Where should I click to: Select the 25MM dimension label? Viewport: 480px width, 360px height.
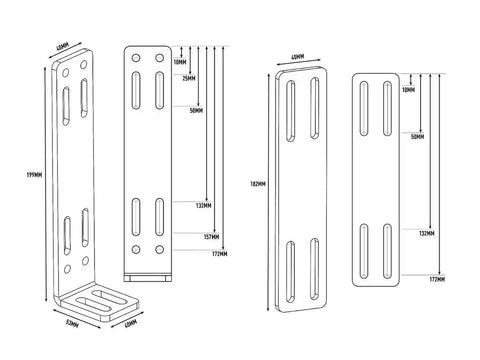[190, 81]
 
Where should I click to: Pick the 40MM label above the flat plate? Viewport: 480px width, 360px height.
[298, 58]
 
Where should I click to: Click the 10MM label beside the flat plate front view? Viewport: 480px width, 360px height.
[408, 89]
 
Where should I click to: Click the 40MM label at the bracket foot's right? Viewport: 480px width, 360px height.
[132, 324]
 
